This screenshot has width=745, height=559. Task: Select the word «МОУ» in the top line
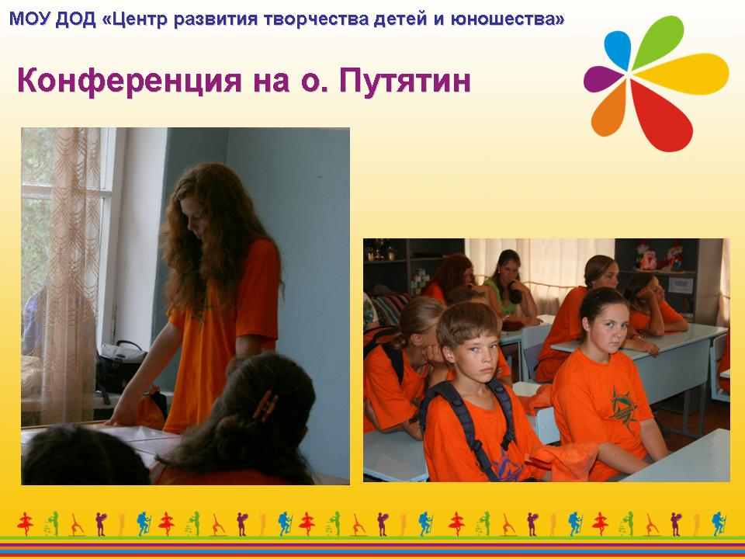pos(29,19)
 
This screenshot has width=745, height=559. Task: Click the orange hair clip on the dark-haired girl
pos(265,405)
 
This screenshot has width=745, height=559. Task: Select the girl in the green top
pos(511,287)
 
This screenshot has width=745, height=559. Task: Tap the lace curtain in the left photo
pos(71,276)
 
